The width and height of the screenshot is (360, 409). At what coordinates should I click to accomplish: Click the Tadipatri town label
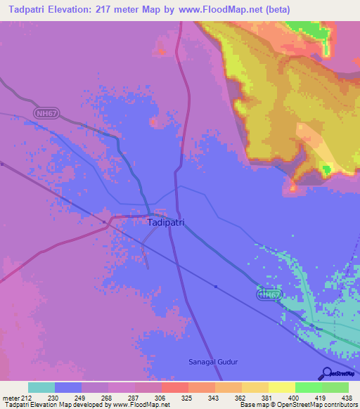[x=167, y=222]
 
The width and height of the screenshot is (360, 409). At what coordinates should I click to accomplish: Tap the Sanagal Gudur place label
[x=214, y=362]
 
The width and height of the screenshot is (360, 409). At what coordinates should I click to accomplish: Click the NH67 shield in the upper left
[x=46, y=113]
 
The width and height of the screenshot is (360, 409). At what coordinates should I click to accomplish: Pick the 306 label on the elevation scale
[x=161, y=398]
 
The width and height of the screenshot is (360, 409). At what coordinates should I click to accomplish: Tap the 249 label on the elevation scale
[x=81, y=398]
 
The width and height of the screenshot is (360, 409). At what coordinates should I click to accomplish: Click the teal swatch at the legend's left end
[x=41, y=387]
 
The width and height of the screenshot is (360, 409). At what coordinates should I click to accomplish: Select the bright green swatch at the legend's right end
[x=335, y=387]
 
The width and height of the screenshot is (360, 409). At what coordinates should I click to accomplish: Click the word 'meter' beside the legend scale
[x=11, y=398]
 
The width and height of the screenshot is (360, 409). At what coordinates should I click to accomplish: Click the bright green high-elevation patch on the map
[x=326, y=169]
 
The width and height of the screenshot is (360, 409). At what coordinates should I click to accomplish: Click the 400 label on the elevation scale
[x=295, y=398]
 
